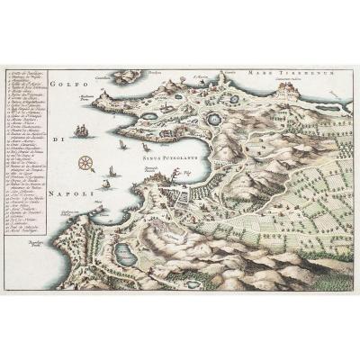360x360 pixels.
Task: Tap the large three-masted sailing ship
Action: [82, 130]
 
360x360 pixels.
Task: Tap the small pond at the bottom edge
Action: [193, 283]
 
